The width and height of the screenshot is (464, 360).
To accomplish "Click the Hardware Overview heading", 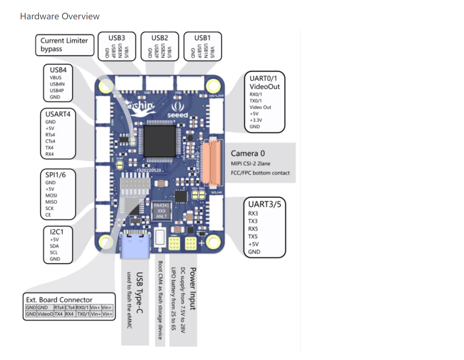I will click(x=60, y=16).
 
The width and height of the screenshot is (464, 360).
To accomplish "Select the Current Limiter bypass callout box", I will click(x=64, y=45).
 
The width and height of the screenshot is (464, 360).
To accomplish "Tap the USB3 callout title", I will click(x=117, y=37).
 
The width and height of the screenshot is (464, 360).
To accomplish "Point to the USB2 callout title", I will click(x=159, y=37).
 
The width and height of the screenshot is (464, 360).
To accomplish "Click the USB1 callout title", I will click(x=202, y=37).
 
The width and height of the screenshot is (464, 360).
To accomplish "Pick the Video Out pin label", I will click(x=260, y=107).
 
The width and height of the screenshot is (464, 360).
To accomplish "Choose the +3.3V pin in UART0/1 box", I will click(x=256, y=120).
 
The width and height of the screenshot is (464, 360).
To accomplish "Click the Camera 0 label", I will click(x=248, y=153).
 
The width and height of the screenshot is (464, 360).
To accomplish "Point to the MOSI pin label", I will click(x=51, y=195).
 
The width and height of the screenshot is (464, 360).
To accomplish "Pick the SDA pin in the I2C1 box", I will click(x=55, y=246).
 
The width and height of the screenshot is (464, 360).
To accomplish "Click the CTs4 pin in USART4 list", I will click(x=49, y=141).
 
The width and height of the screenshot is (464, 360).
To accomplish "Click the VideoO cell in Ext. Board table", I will click(x=46, y=314).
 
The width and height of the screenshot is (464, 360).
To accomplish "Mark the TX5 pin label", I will click(x=253, y=236).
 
